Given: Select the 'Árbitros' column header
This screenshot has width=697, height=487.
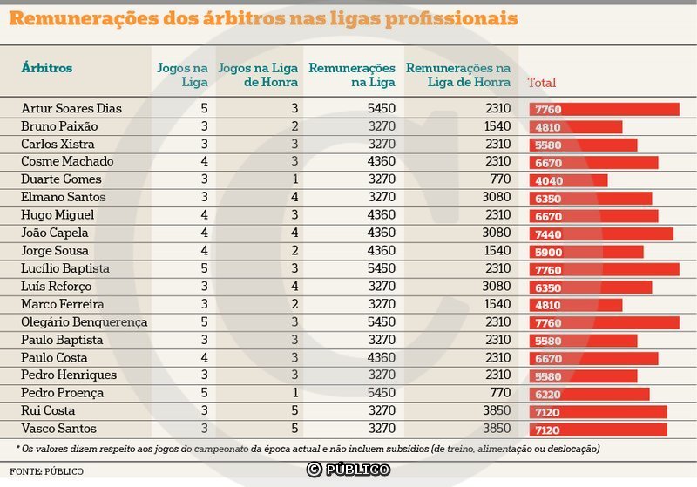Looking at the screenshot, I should pyautogui.click(x=46, y=68).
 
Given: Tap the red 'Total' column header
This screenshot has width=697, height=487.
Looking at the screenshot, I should pyautogui.click(x=541, y=83).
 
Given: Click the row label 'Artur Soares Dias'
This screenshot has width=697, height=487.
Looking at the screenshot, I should pyautogui.click(x=71, y=109).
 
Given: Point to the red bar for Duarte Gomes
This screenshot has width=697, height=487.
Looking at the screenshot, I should pyautogui.click(x=569, y=180).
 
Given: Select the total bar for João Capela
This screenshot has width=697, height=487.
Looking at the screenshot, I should pyautogui.click(x=601, y=233).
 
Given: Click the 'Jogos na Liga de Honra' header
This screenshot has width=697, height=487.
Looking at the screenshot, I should pyautogui.click(x=259, y=75).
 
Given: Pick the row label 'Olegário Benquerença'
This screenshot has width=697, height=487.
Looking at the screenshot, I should pyautogui.click(x=84, y=322).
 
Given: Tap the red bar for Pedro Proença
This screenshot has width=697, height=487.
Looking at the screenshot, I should pyautogui.click(x=589, y=394).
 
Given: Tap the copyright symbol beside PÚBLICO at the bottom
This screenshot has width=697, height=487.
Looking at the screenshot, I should pyautogui.click(x=314, y=470).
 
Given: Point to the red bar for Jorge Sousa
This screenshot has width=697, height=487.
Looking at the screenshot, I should pyautogui.click(x=586, y=252).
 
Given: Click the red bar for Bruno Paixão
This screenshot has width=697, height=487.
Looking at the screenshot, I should pyautogui.click(x=576, y=127).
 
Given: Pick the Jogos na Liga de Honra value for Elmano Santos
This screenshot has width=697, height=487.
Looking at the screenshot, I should pyautogui.click(x=294, y=198).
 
